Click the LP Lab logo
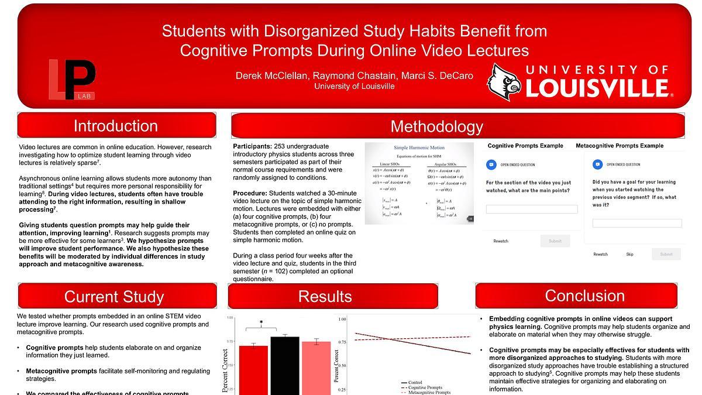[73, 79]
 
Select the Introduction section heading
[116, 126]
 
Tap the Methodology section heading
[436, 126]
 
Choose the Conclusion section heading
[576, 296]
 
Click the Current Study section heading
[114, 297]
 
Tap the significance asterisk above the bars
[261, 322]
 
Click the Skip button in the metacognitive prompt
[629, 255]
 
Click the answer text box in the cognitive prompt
[531, 209]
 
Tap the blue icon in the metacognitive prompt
[597, 164]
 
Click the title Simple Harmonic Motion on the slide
[419, 148]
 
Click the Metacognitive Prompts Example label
[620, 146]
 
